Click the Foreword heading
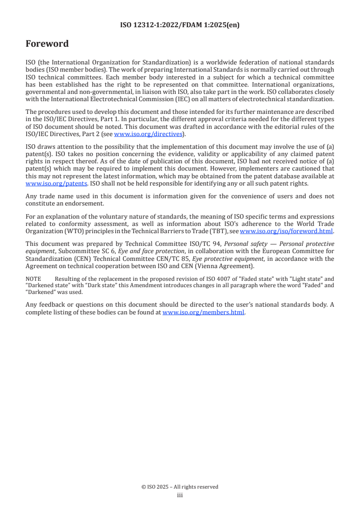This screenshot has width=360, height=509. tap(47, 44)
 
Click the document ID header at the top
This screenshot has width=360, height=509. tap(180, 25)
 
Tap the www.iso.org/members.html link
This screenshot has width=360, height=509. tap(203, 312)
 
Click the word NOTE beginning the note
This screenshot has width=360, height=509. tap(33, 279)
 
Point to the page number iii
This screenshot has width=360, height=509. tap(180, 495)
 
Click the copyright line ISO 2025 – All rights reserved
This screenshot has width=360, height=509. tap(180, 487)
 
